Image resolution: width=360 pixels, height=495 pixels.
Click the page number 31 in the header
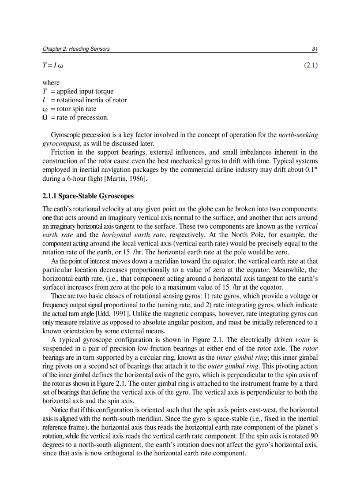315,49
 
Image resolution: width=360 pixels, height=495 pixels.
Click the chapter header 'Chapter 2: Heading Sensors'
76,49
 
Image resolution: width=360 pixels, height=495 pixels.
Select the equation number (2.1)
311,66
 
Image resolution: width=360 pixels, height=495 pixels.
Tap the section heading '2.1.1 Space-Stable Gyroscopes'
88,196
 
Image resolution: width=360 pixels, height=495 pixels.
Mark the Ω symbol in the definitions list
45,118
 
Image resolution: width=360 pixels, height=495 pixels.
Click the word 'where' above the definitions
51,83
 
